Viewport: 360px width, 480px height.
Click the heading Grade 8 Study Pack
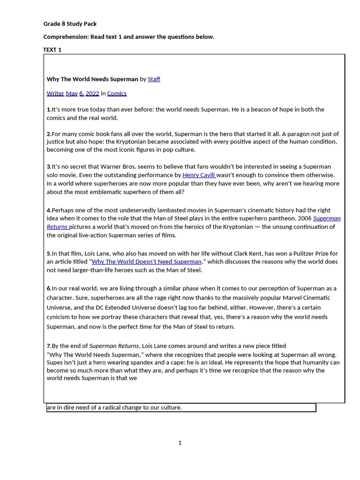[x=70, y=24]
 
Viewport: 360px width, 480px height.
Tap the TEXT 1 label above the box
[x=52, y=50]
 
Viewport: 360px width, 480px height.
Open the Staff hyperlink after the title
[x=154, y=79]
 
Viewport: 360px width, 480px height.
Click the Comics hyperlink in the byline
[x=117, y=93]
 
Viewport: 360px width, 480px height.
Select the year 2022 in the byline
[x=92, y=93]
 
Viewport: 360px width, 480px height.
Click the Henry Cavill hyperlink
[x=199, y=175]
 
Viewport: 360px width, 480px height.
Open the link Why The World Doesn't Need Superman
[x=146, y=262]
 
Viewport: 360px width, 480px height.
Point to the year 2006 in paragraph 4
[x=305, y=218]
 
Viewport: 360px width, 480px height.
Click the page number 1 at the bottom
[x=180, y=443]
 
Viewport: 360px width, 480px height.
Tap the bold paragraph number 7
[x=49, y=346]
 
